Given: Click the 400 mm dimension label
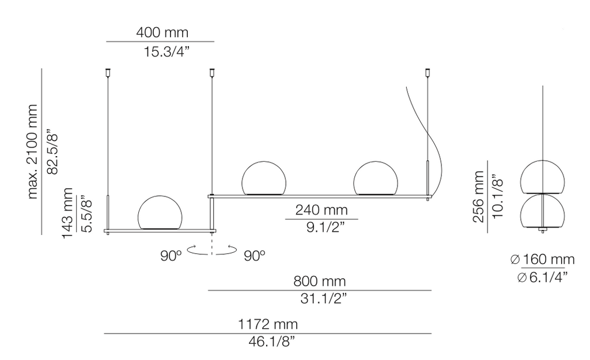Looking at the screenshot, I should pyautogui.click(x=161, y=32).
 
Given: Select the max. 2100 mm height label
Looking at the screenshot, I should pyautogui.click(x=33, y=151).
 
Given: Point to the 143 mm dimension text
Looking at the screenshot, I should pyautogui.click(x=67, y=212).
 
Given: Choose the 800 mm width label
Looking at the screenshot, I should pyautogui.click(x=320, y=281).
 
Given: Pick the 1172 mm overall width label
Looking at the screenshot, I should pyautogui.click(x=268, y=324).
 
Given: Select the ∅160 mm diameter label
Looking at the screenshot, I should pyautogui.click(x=542, y=259).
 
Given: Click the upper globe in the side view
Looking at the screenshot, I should pyautogui.click(x=542, y=176).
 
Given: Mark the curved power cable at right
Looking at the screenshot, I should pyautogui.click(x=433, y=144).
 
